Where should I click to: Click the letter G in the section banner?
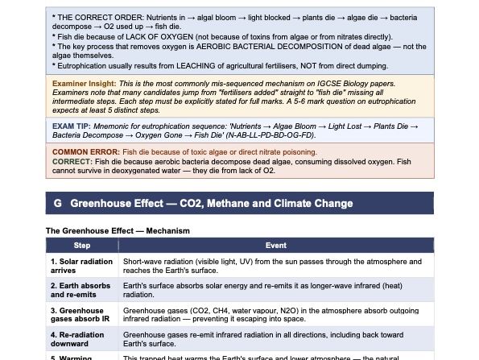point(57,204)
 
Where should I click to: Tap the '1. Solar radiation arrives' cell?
point(81,266)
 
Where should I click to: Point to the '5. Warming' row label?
point(71,357)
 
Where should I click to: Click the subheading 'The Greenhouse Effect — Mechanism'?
point(118,231)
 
